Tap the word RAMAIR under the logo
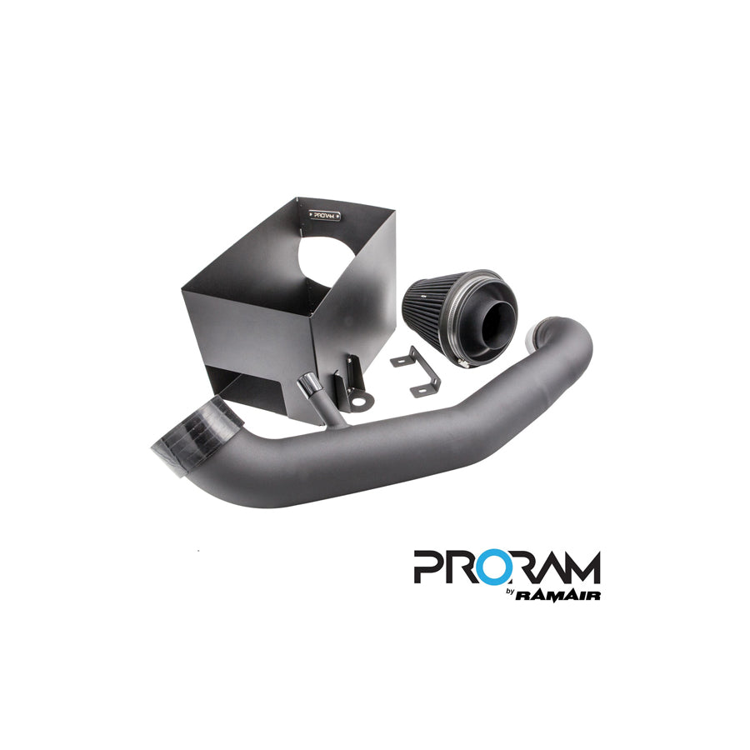pyautogui.click(x=559, y=594)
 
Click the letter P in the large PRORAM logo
pyautogui.click(x=429, y=568)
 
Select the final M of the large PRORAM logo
pyautogui.click(x=582, y=568)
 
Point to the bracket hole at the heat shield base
pyautogui.click(x=357, y=402)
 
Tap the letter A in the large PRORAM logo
pyautogui.click(x=550, y=568)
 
